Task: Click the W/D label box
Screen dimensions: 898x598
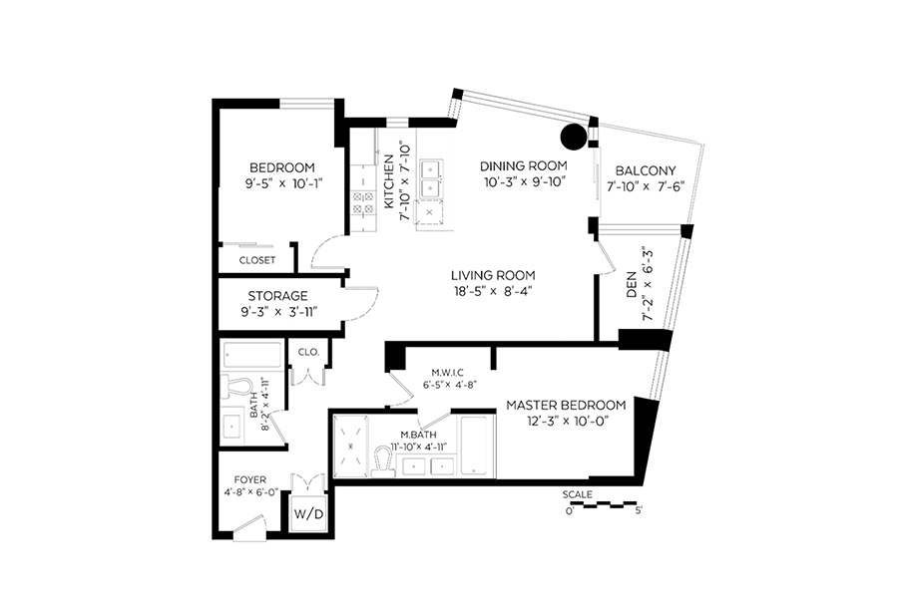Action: tap(308, 514)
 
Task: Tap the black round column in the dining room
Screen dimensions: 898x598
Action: tap(574, 137)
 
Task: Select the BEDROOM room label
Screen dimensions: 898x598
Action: tap(282, 167)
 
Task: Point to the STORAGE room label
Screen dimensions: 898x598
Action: tap(277, 296)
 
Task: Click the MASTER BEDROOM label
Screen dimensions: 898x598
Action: tap(566, 406)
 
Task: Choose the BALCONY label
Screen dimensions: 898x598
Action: tap(646, 170)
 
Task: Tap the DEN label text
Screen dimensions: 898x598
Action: tap(632, 284)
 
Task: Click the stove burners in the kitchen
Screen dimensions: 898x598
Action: tap(362, 202)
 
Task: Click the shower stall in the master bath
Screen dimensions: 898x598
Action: tap(351, 446)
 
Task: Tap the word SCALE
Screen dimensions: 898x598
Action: tap(578, 494)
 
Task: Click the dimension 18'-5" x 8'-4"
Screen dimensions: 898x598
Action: tap(493, 291)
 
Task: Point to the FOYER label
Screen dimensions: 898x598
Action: tap(250, 479)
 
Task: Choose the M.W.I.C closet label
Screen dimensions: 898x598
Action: tap(444, 373)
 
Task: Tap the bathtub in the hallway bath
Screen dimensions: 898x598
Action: tap(252, 356)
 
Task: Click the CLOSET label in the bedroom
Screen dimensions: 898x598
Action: tap(257, 260)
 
